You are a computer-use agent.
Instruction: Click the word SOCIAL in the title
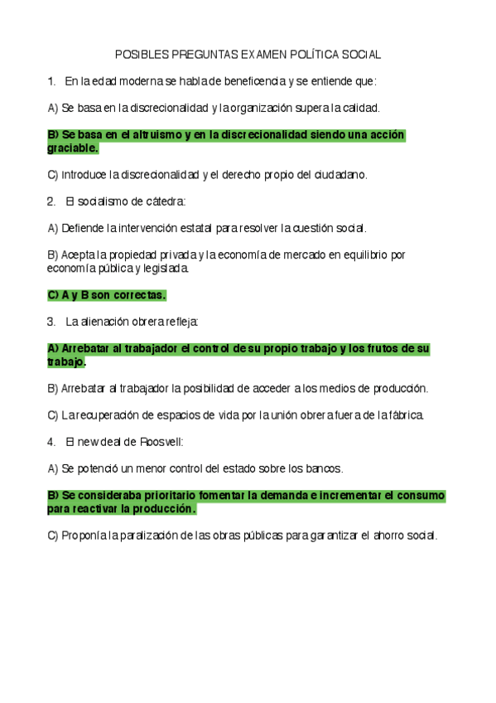(361, 54)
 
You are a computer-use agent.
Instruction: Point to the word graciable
(73, 148)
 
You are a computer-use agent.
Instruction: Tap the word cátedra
(166, 201)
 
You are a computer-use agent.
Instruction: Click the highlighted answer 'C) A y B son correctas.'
(107, 294)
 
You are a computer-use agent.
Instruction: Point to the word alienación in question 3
(104, 321)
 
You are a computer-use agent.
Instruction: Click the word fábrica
(403, 415)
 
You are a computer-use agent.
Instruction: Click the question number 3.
(51, 321)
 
